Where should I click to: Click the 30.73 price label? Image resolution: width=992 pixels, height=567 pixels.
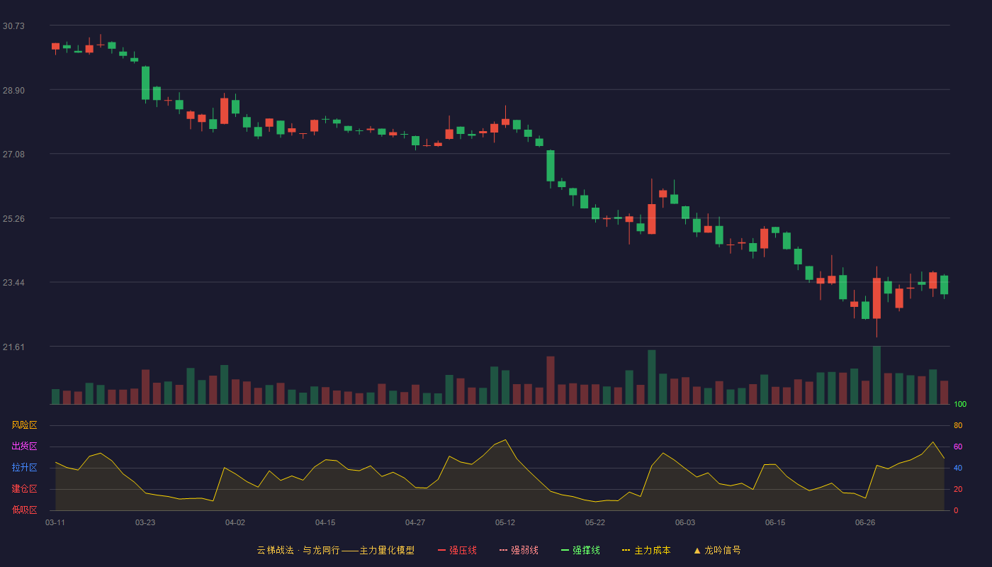pos(13,26)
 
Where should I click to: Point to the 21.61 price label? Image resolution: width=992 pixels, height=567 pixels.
pos(13,347)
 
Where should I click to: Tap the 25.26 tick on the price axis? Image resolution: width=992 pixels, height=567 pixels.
pos(13,219)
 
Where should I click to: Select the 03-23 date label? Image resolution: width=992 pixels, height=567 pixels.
pos(145,523)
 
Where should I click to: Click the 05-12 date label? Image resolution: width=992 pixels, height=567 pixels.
pos(505,523)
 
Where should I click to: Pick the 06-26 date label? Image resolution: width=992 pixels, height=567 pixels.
pos(865,523)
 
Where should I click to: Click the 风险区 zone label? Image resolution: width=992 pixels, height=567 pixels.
pos(24,425)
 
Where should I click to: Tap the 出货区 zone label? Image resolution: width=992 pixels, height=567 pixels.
pos(24,446)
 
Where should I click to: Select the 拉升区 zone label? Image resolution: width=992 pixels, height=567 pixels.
pos(24,467)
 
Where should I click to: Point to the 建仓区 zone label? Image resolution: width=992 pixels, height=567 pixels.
pos(24,488)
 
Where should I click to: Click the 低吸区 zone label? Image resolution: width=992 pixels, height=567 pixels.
pos(24,510)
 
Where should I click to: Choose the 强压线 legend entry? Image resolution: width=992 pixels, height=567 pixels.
pos(458,550)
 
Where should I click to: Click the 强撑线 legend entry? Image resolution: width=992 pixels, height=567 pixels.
pos(580,550)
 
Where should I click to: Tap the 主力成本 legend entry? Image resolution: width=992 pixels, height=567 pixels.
pos(646,550)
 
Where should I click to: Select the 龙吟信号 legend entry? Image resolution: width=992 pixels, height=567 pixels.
pos(717,550)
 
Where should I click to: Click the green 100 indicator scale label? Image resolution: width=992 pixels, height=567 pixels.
pos(960,404)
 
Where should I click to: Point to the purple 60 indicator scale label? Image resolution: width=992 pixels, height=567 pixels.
pos(958,447)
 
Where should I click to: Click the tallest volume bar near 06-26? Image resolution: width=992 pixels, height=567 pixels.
pos(877,375)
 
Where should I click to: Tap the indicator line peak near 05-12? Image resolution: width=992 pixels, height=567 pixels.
pos(505,440)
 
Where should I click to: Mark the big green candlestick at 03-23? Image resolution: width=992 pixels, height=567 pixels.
pos(145,84)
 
